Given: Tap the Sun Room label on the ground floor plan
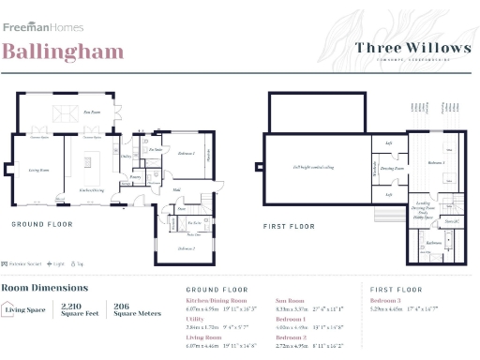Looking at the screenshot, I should pyautogui.click(x=91, y=112).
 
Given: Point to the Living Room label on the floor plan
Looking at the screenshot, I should pyautogui.click(x=38, y=170).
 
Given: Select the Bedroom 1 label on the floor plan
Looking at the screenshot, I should pyautogui.click(x=186, y=152).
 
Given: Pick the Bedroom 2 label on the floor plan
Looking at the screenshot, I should pyautogui.click(x=187, y=247).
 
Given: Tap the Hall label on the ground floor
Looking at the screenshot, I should pyautogui.click(x=176, y=189).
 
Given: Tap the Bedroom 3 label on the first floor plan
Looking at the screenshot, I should pyautogui.click(x=435, y=162).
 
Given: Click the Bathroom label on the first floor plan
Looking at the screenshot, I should pyautogui.click(x=433, y=242).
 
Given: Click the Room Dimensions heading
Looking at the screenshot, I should pyautogui.click(x=45, y=288).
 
